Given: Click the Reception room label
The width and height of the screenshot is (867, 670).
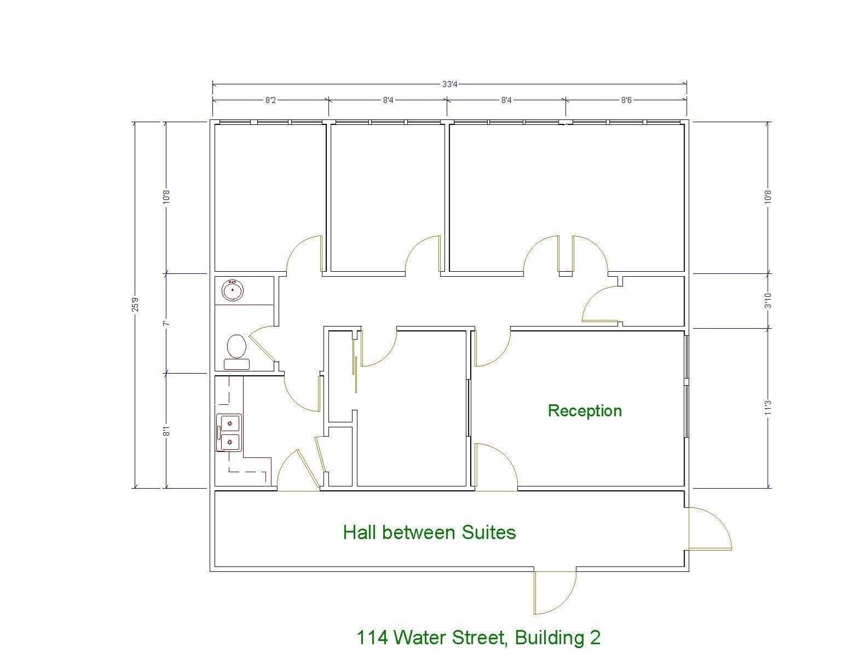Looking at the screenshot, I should [x=585, y=411].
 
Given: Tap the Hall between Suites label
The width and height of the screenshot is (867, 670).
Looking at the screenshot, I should [x=429, y=532].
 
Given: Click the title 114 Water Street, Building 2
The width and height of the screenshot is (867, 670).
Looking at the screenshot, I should [x=478, y=637].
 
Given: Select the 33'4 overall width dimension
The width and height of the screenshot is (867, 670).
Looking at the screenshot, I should [x=449, y=84].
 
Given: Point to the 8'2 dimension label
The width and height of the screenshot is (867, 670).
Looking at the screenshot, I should [x=271, y=100].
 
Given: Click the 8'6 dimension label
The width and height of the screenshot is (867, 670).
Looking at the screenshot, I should [x=626, y=100].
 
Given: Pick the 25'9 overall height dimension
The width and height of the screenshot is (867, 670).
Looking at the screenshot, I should [x=135, y=304].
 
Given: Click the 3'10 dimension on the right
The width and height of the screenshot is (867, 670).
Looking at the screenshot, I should [x=768, y=301].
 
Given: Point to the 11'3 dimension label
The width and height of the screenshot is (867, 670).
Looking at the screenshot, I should [x=768, y=407].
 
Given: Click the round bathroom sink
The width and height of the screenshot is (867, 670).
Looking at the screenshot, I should [x=233, y=290].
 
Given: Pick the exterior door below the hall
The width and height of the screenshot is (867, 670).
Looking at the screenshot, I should [x=554, y=592].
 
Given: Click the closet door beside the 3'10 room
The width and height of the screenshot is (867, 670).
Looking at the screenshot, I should [x=601, y=304].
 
